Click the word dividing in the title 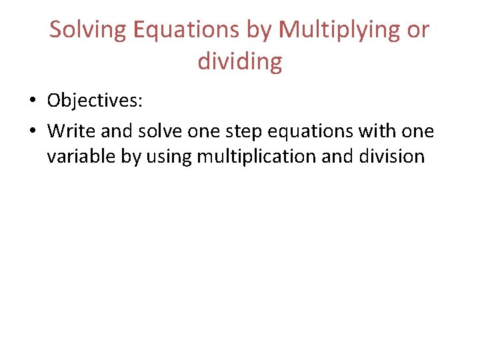point(240,62)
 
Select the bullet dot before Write point(31,131)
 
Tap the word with point(377,131)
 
